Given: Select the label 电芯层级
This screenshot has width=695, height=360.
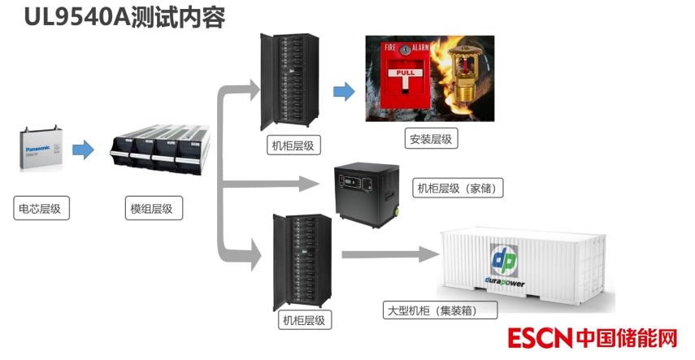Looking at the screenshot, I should (40, 209).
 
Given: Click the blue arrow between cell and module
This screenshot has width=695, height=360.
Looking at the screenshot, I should (83, 150).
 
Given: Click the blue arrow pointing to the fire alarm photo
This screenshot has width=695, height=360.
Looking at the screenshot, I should (344, 92).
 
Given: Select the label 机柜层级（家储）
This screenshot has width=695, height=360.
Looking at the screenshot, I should (460, 189).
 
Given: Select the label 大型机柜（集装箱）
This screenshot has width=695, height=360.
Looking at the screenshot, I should (430, 310).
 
